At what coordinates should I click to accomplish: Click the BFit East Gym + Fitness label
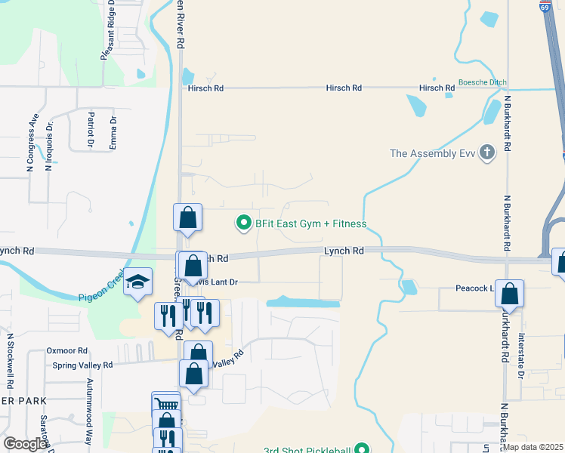(x=310, y=223)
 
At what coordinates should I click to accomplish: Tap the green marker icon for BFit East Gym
(x=243, y=223)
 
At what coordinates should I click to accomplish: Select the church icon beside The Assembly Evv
(x=487, y=153)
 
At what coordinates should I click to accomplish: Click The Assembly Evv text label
(x=431, y=154)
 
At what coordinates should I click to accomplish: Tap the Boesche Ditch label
(x=482, y=82)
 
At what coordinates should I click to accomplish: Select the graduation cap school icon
(x=138, y=282)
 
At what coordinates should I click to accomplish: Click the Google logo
(x=25, y=444)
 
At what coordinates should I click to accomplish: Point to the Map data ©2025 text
(x=533, y=447)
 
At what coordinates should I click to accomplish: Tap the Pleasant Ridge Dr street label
(x=108, y=31)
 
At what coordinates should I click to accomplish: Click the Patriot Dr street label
(x=91, y=128)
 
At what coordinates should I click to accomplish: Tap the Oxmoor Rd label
(x=67, y=350)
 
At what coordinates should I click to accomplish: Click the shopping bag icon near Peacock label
(x=510, y=294)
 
